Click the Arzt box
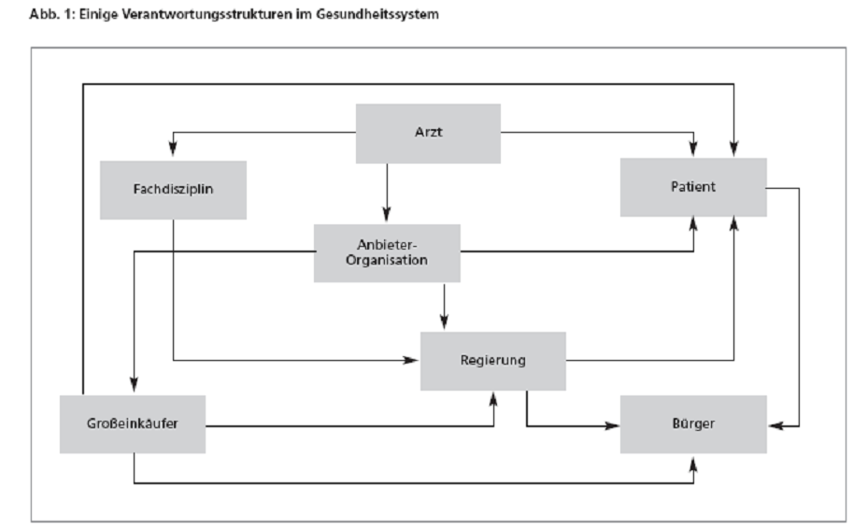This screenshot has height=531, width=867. pyautogui.click(x=428, y=134)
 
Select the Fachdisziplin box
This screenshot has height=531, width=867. pyautogui.click(x=173, y=190)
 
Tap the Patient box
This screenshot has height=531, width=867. pyautogui.click(x=693, y=187)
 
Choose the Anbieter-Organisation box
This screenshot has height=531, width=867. pyautogui.click(x=387, y=252)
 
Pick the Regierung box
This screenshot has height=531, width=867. pyautogui.click(x=493, y=361)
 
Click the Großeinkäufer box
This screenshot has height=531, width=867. pyautogui.click(x=133, y=424)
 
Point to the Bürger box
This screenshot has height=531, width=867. pyautogui.click(x=693, y=424)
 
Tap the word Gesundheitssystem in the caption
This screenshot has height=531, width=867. pyautogui.click(x=377, y=14)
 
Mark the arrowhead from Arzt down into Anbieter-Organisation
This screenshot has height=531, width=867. pyautogui.click(x=387, y=214)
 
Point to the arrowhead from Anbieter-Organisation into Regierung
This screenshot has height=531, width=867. pyautogui.click(x=444, y=322)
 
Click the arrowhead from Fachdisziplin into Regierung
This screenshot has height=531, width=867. pyautogui.click(x=411, y=361)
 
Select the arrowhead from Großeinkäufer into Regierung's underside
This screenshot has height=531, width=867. pyautogui.click(x=493, y=400)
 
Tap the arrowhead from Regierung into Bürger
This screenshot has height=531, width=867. pyautogui.click(x=612, y=426)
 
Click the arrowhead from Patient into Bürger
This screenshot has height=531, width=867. pyautogui.click(x=776, y=426)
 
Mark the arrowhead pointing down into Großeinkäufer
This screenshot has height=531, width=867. pyautogui.click(x=134, y=384)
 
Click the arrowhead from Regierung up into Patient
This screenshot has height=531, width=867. pyautogui.click(x=733, y=224)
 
